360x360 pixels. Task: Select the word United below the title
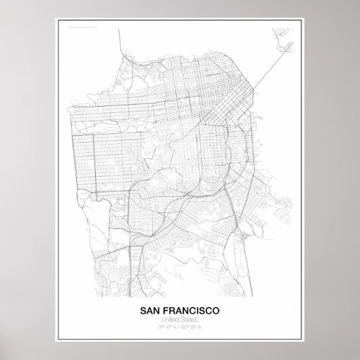point(171,321)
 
